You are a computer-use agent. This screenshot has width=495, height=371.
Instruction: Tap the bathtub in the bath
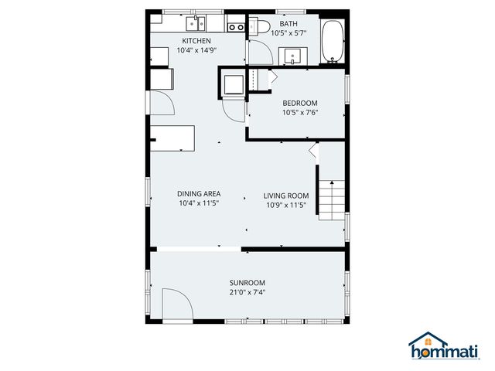333,42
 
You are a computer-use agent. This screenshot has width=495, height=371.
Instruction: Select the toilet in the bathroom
261,29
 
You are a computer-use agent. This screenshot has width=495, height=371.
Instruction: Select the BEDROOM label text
300,103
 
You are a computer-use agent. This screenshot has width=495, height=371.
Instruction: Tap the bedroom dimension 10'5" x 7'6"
300,112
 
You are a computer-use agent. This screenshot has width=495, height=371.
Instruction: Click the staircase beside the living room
332,199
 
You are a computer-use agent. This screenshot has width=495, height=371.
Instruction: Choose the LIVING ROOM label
286,196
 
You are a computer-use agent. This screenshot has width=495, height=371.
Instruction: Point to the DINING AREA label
200,194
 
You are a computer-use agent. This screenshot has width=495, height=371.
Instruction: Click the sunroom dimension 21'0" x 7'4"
247,292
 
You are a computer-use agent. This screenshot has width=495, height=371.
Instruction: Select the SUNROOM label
247,283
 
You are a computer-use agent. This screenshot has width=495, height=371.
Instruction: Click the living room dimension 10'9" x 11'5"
286,205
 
